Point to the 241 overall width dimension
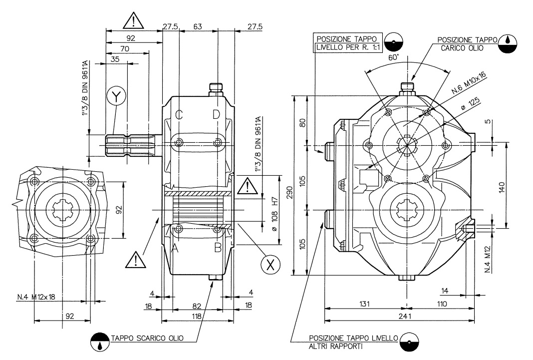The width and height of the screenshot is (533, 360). coord(398,317)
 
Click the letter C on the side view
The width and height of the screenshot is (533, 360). coord(179,114)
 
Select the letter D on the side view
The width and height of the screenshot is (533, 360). coord(216,114)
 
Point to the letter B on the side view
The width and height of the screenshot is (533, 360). coord(218,247)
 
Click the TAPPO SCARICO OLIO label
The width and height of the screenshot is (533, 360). coord(147,338)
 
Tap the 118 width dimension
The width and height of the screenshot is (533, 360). coord(197,316)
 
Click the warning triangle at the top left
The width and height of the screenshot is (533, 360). coord(133,20)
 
